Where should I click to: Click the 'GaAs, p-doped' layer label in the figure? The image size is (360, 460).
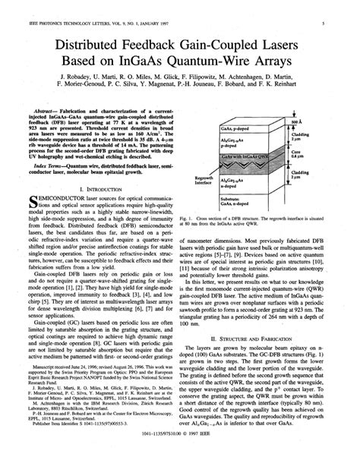pos(245,131)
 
